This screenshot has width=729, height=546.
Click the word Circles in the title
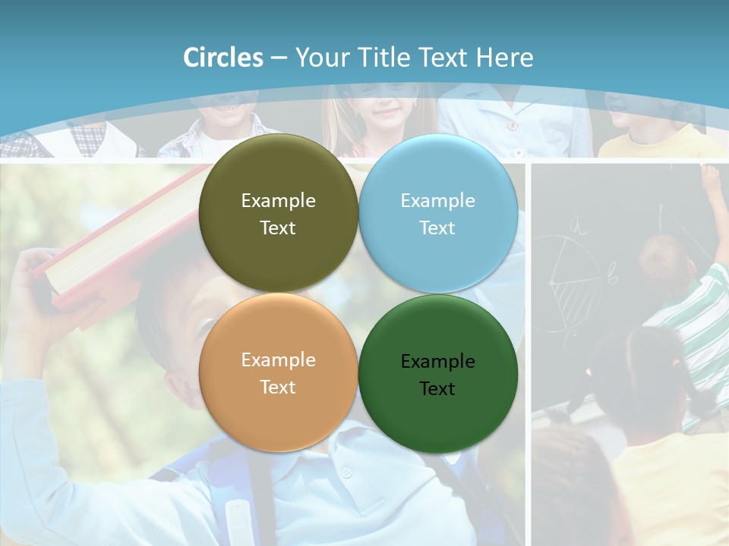(223, 58)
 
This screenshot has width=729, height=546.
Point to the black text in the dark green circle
(437, 375)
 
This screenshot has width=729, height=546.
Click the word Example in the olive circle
(278, 200)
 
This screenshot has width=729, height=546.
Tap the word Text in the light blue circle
(437, 227)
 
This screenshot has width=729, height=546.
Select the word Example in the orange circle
(278, 359)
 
